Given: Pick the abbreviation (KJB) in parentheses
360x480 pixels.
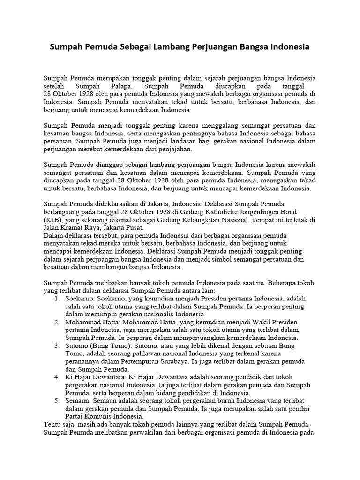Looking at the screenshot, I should click(x=54, y=219).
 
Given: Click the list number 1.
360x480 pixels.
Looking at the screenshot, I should click(x=56, y=299).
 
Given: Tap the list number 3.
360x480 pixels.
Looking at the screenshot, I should click(x=56, y=346).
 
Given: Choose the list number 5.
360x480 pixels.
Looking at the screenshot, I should click(x=56, y=401).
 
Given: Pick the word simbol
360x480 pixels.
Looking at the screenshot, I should click(x=210, y=259).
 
